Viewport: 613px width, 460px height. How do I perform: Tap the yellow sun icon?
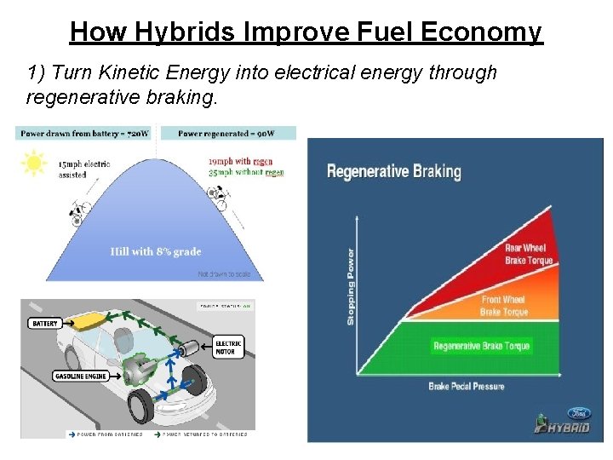click(x=34, y=162)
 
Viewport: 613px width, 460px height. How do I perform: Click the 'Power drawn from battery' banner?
click(x=85, y=134)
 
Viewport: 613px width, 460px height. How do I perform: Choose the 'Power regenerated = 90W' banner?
click(x=226, y=134)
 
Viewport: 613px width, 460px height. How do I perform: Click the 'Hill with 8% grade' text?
click(x=156, y=251)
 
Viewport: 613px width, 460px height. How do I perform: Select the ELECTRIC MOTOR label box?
click(x=229, y=347)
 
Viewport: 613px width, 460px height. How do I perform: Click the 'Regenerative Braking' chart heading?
click(x=393, y=171)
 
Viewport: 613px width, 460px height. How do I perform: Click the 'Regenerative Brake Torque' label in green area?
click(x=481, y=346)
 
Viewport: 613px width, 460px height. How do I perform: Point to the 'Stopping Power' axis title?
click(x=350, y=286)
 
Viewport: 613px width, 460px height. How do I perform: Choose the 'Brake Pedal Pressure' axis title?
click(x=466, y=387)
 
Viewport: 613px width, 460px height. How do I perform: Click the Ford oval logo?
click(x=579, y=413)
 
